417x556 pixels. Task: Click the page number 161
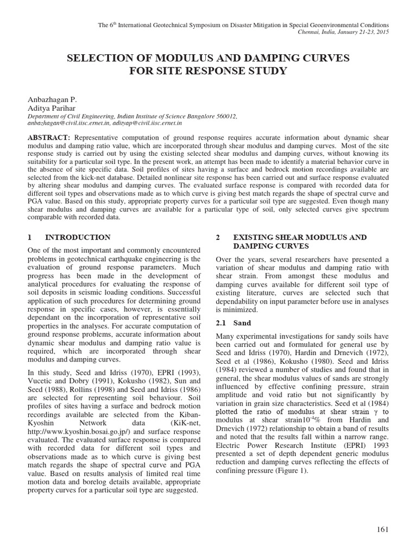[x=382, y=530]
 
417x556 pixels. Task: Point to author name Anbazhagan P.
[x=52, y=100]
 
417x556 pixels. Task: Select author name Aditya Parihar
[x=53, y=108]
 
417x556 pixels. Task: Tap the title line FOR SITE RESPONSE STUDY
[x=208, y=71]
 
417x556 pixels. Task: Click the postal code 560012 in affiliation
[x=226, y=116]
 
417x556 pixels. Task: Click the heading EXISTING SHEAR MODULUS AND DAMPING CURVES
[x=299, y=242]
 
